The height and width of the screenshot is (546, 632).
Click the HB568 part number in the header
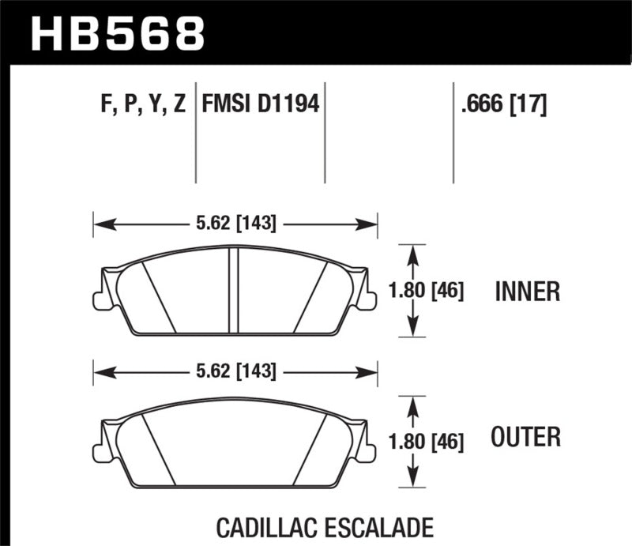117,32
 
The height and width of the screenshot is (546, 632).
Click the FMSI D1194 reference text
261,104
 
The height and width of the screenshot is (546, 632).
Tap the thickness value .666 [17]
502,104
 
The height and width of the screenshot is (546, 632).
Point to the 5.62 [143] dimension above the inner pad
235,224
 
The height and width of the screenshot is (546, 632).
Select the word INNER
527,292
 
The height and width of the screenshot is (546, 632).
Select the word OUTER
525,436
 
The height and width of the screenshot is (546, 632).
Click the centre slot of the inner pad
234,290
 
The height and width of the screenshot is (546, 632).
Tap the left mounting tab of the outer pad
100,451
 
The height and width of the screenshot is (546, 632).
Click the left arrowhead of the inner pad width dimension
99,224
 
